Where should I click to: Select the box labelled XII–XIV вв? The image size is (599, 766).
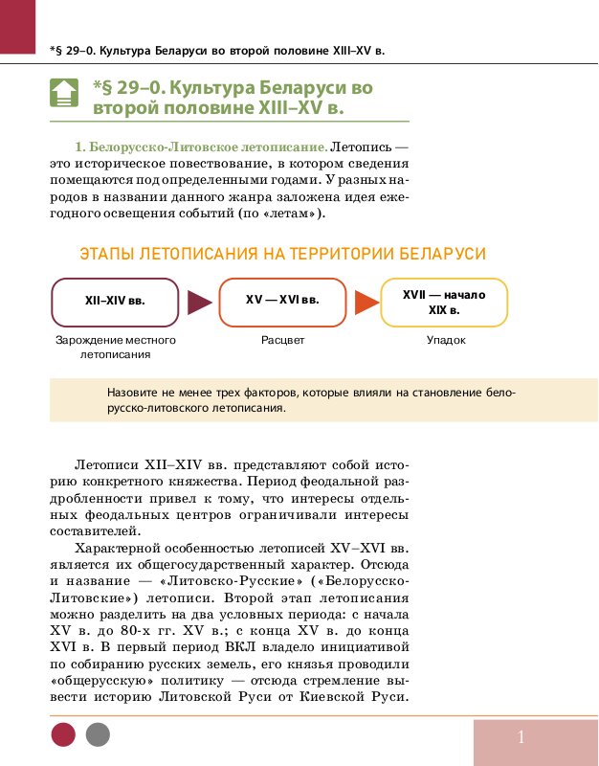click(115, 302)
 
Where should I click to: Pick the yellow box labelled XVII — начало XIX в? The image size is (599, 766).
click(444, 302)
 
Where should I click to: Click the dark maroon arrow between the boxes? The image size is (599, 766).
click(199, 303)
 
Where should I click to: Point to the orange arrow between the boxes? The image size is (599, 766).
click(366, 303)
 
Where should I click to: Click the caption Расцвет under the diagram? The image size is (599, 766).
click(282, 341)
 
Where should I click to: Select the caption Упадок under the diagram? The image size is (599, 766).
click(446, 341)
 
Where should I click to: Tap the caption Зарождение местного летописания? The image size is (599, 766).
click(115, 348)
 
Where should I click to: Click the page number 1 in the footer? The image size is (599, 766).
click(521, 737)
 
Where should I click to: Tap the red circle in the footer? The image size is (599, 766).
click(63, 735)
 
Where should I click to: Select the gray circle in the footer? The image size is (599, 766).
click(98, 735)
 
